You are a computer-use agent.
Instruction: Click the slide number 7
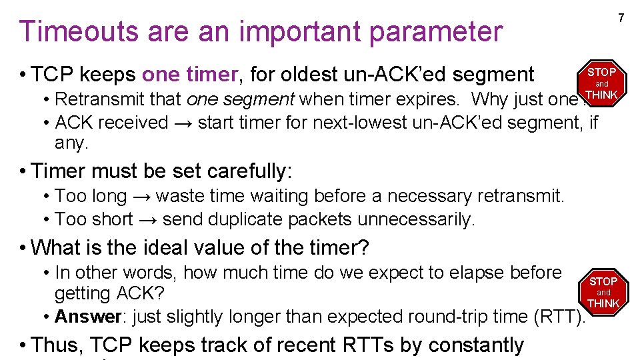pos(620,18)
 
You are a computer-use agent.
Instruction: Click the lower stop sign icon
pos(603,292)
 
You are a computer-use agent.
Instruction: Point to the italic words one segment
pos(241,100)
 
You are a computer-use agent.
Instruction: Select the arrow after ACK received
pos(183,123)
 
